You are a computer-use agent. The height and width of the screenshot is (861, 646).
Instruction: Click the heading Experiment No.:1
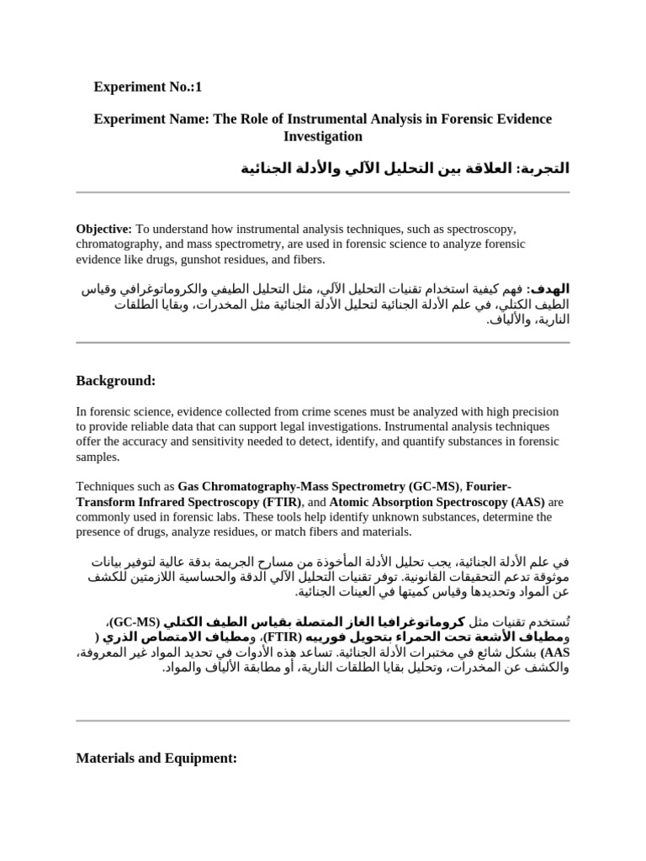pos(147,87)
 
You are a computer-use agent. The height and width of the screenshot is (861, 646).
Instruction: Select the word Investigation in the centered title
pos(322,136)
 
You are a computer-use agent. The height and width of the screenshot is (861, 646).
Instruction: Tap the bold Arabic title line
pos(405,168)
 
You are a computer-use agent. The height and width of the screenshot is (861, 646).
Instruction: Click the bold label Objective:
pos(103,229)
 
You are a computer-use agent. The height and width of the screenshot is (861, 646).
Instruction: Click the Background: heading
pos(116,381)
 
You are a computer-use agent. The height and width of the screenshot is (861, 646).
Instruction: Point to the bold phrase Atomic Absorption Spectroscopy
pos(419,501)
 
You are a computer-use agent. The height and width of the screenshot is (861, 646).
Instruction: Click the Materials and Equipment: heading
pos(156,758)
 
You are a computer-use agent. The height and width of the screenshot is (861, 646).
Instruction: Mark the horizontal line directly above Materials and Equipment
pos(323,721)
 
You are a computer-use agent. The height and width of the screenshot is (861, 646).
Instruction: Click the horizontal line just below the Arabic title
pos(323,193)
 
